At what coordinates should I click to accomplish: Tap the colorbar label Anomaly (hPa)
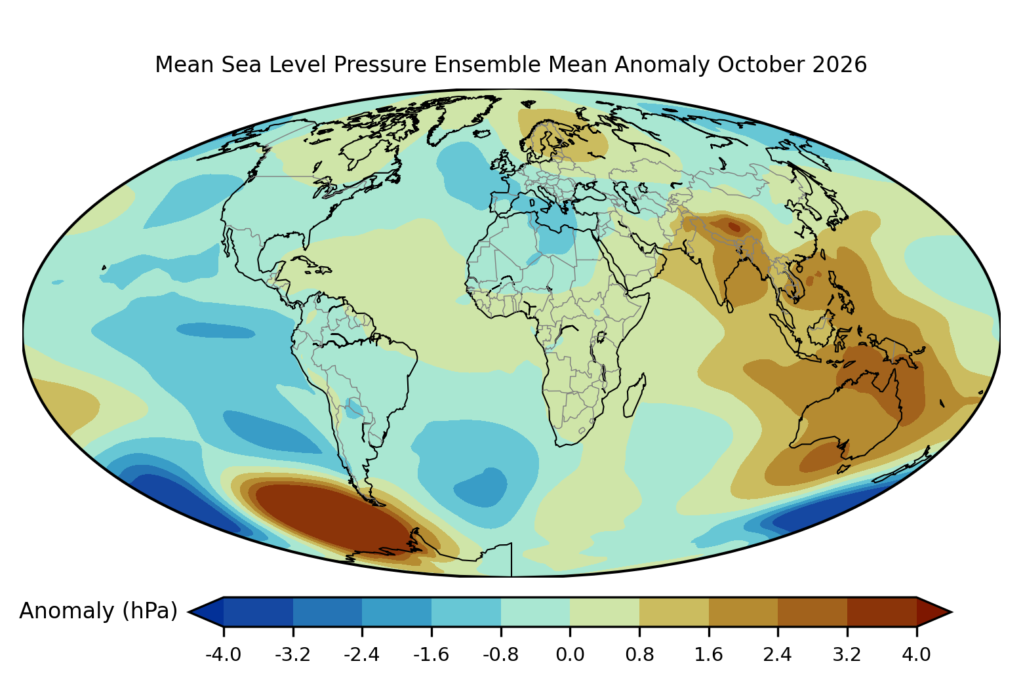[x=98, y=611]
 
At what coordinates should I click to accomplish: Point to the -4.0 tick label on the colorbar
[x=224, y=655]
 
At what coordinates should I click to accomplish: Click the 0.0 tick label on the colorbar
[x=570, y=655]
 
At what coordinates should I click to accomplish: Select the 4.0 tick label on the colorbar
[x=916, y=655]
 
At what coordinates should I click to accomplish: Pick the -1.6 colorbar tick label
[x=431, y=655]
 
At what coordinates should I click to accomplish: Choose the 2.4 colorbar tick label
[x=777, y=655]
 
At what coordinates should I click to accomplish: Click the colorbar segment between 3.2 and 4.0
[x=881, y=612]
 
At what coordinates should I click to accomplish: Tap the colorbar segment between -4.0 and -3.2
[x=258, y=612]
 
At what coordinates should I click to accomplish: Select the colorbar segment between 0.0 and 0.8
[x=604, y=612]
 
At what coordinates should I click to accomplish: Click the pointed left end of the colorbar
[x=189, y=612]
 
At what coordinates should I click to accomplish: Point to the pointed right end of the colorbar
[x=951, y=612]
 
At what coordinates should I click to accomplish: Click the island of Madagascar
[x=635, y=395]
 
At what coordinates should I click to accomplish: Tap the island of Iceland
[x=481, y=133]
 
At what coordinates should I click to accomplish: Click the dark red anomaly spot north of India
[x=734, y=227]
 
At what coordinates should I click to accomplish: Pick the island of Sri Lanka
[x=729, y=307]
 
